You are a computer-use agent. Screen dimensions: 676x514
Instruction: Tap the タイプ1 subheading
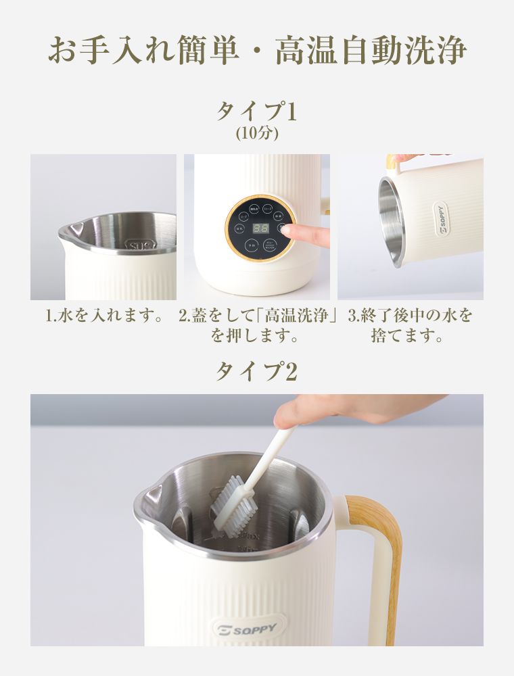pyautogui.click(x=256, y=110)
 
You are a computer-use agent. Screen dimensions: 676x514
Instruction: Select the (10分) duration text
pyautogui.click(x=257, y=133)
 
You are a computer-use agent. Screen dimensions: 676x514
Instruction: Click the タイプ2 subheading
pyautogui.click(x=256, y=371)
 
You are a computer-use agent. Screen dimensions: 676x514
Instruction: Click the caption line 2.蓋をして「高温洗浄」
pyautogui.click(x=258, y=316)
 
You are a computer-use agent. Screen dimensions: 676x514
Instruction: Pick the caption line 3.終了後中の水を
pyautogui.click(x=410, y=316)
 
